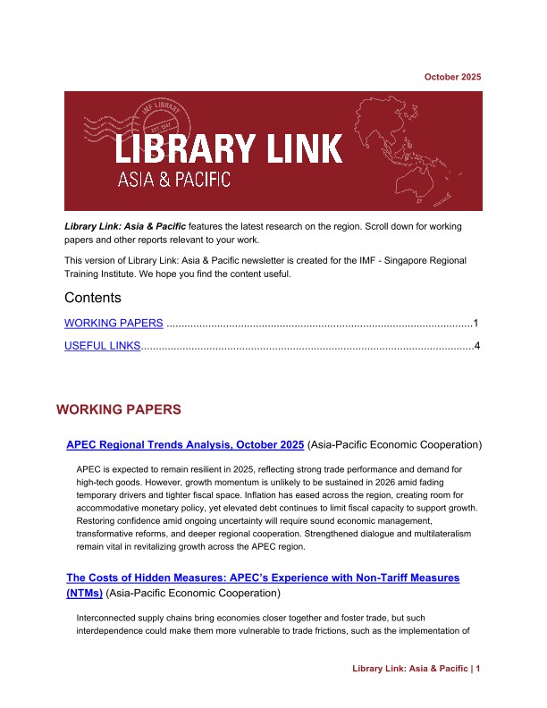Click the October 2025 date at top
click(x=452, y=77)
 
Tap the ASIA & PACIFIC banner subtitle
click(x=174, y=180)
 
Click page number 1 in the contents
click(x=477, y=323)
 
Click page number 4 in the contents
click(x=477, y=345)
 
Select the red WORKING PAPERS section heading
click(x=119, y=409)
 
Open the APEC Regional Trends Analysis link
click(x=186, y=443)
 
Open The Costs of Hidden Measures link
click(x=263, y=578)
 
